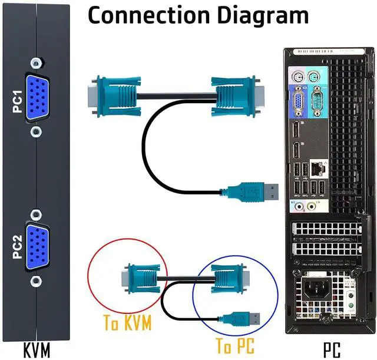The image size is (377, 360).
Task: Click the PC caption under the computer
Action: pyautogui.click(x=332, y=350)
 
